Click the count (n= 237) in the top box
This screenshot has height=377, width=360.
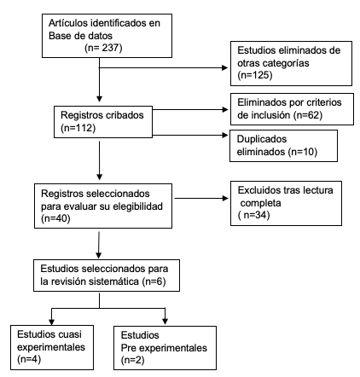103,48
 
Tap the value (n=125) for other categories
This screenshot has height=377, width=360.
255,75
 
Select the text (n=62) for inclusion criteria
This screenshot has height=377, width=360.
308,115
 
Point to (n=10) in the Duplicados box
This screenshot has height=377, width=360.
302,152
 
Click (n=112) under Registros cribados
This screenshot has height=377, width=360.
78,128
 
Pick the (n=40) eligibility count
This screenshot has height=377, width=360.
55,218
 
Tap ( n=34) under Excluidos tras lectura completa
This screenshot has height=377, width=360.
253,215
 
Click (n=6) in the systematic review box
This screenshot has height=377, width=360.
154,281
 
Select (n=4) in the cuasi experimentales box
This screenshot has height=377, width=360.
29,359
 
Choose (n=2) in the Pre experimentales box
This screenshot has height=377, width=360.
132,360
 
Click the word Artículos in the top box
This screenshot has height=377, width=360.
68,23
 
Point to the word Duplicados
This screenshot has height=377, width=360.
262,139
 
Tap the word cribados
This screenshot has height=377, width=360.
125,115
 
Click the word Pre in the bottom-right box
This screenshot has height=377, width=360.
129,348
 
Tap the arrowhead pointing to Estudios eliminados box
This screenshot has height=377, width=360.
224,67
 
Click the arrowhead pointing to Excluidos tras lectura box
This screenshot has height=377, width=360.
225,198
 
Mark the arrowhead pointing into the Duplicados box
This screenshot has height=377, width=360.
225,135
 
